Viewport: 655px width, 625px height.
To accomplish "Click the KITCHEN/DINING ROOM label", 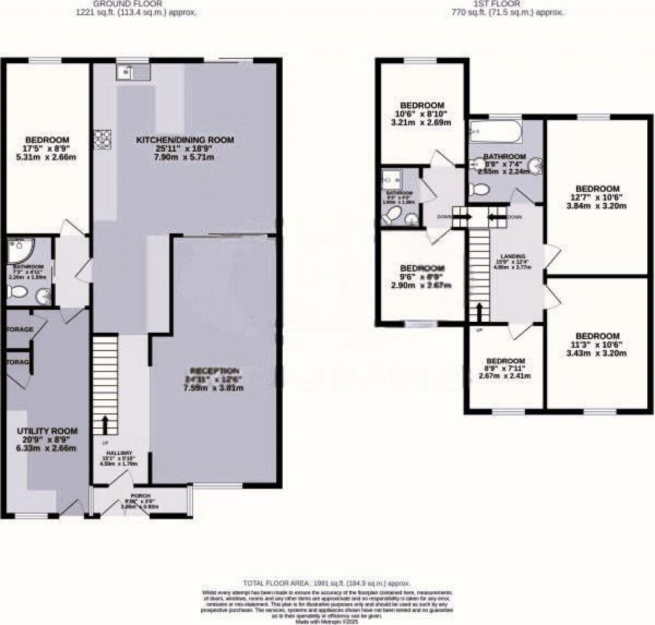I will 184,139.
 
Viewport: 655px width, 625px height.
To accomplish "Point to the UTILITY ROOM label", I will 47,431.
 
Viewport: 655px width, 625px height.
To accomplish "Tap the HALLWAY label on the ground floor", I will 115,450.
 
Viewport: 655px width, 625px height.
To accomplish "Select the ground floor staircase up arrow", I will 105,424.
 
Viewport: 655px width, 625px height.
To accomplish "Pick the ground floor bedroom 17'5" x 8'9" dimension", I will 47,149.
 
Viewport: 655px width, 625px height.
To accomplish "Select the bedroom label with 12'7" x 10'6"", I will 597,188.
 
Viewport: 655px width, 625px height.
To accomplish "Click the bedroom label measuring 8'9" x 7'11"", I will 505,361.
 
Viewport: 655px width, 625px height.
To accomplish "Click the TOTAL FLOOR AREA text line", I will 326,583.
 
